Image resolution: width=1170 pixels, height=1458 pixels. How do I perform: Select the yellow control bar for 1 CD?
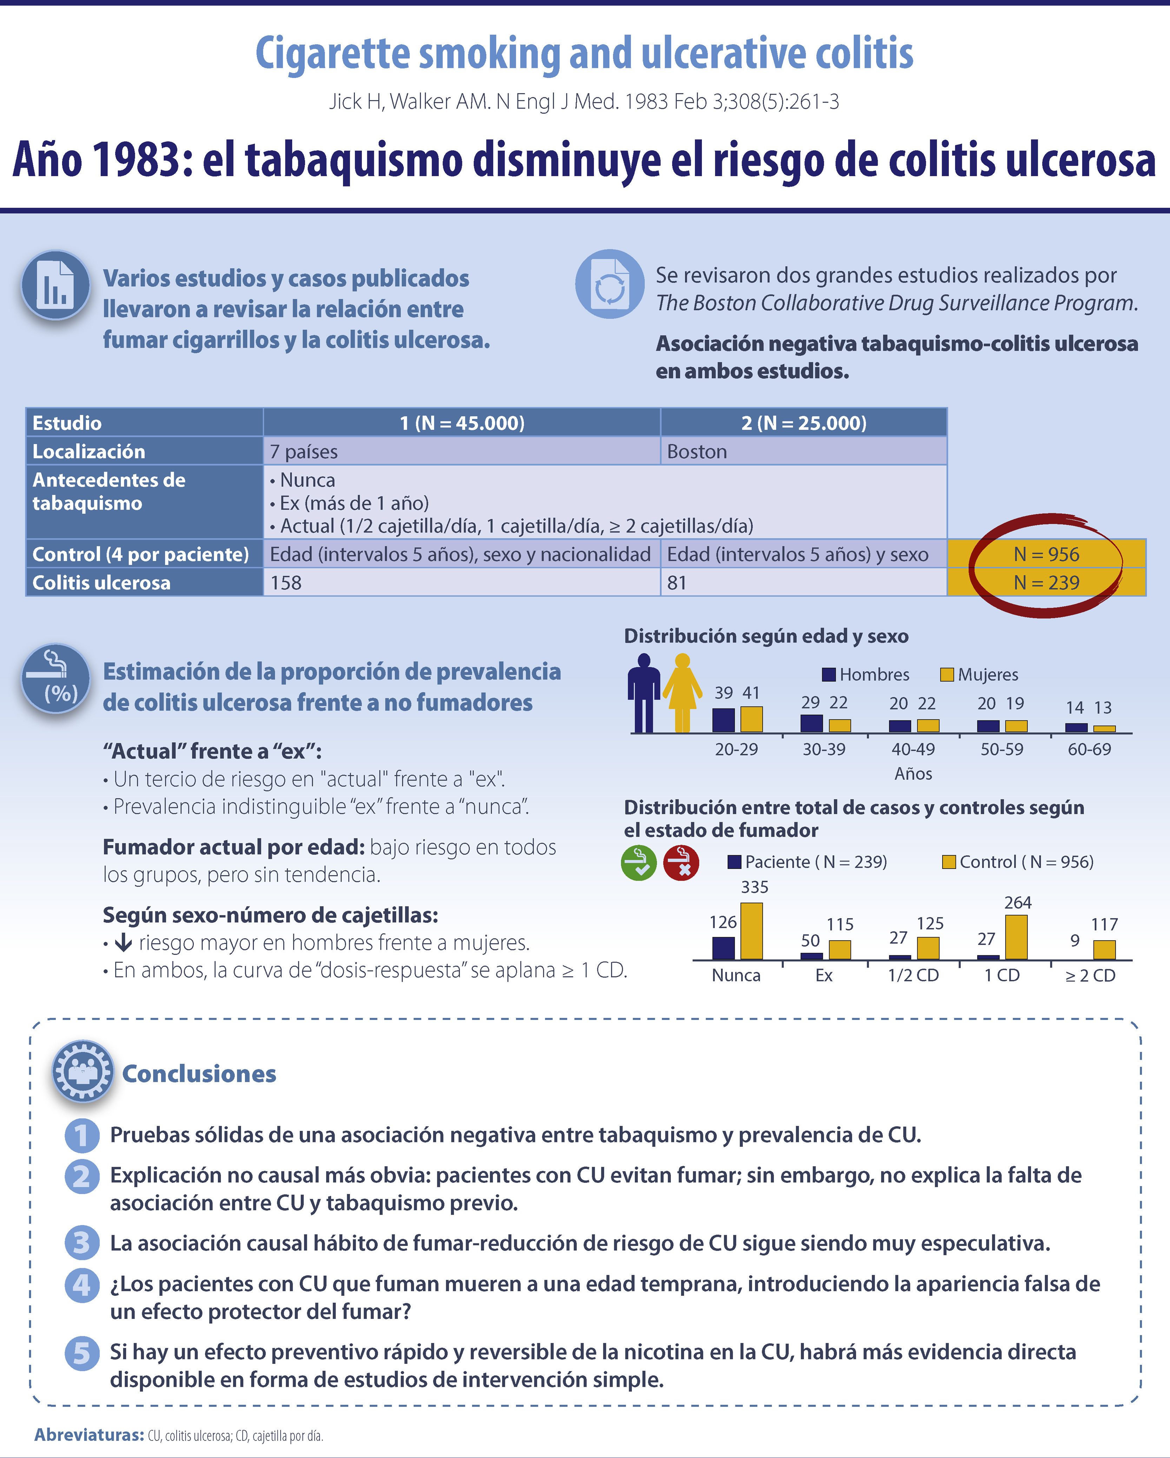tap(1016, 937)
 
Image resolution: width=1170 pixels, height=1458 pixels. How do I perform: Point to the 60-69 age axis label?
tap(1089, 749)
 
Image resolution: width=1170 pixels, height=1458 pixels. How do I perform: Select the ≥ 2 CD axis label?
tap(1090, 975)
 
